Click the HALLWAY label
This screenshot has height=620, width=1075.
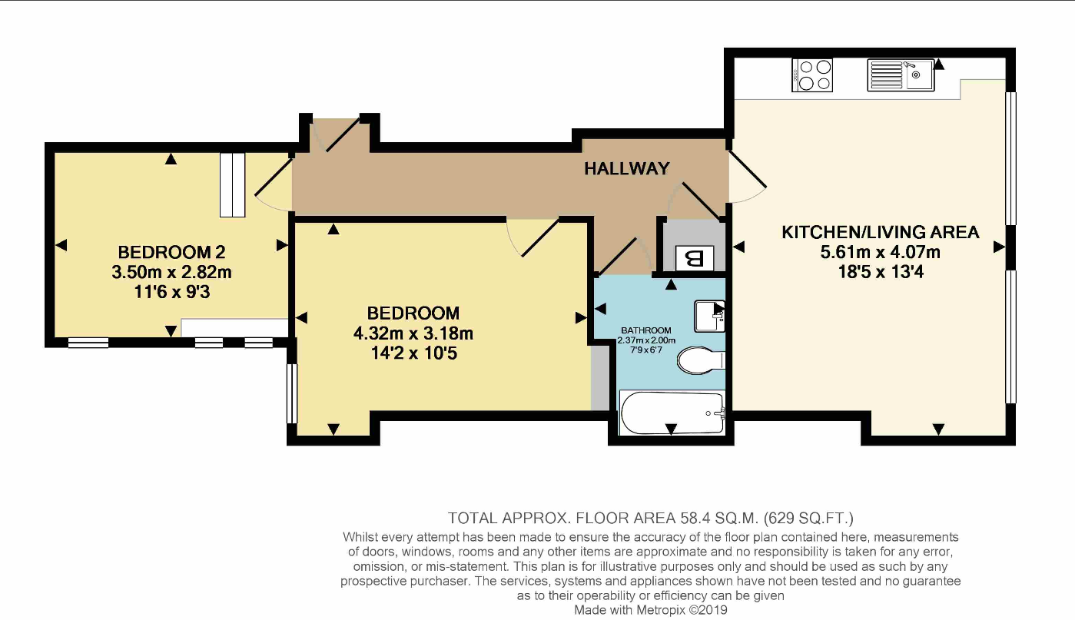[627, 168]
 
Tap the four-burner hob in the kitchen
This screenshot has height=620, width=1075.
[812, 75]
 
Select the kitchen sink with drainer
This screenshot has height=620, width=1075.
[901, 75]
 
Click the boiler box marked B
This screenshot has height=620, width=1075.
[694, 258]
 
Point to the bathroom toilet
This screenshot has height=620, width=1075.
[701, 360]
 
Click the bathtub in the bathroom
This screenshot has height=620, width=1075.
[672, 413]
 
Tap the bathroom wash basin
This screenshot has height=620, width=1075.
[709, 316]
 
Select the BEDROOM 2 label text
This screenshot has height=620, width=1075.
[171, 252]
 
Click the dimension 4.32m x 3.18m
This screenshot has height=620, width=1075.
[413, 333]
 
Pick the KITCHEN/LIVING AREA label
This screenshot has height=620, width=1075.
[880, 232]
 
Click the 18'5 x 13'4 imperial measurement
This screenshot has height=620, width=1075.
[881, 272]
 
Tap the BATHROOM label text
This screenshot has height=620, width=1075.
[646, 330]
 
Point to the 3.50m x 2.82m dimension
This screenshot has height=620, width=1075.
[171, 272]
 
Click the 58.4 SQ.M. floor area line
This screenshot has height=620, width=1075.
[651, 519]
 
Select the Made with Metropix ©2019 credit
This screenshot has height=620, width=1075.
[651, 610]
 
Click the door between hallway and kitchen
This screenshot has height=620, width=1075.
[747, 168]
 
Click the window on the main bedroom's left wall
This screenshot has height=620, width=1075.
[292, 393]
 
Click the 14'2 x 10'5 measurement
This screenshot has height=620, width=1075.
[413, 353]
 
